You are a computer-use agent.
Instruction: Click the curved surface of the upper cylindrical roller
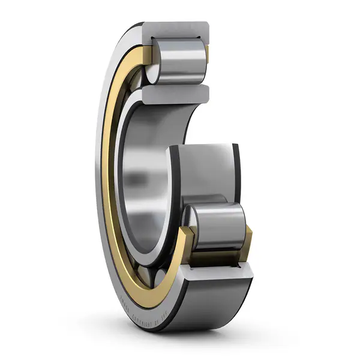[180, 60]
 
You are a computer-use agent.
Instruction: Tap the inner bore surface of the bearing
[144, 180]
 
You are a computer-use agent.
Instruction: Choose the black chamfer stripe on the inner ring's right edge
[236, 174]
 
